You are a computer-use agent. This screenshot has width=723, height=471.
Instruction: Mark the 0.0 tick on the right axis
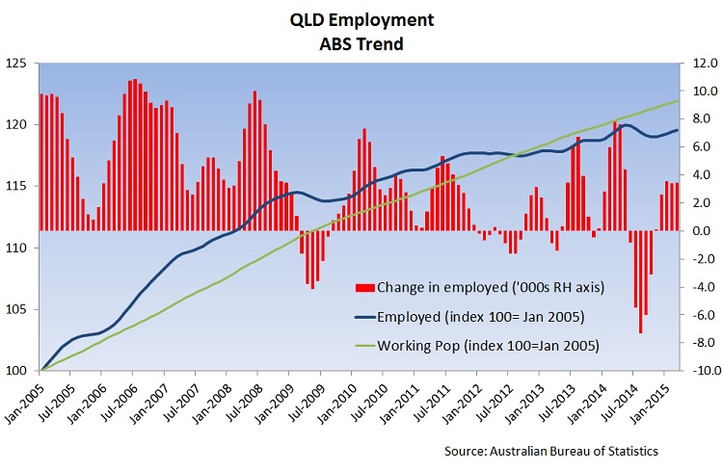[x=700, y=231]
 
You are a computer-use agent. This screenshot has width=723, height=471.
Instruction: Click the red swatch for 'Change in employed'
[x=365, y=287]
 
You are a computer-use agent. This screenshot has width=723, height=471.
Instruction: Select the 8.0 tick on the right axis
[x=700, y=119]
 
